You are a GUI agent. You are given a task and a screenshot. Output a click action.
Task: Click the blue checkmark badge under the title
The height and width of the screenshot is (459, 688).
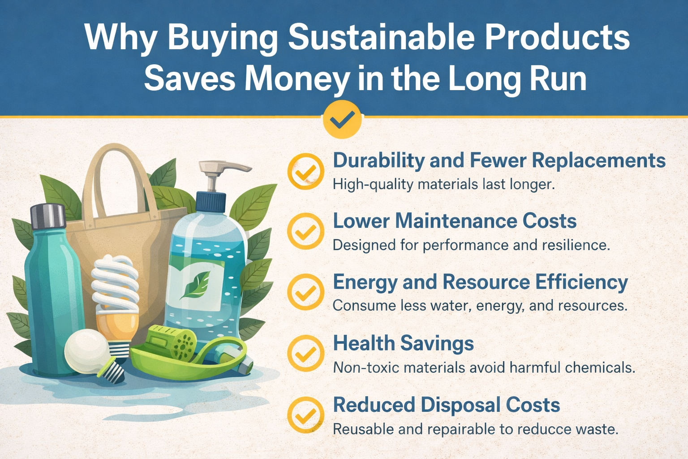tap(342, 119)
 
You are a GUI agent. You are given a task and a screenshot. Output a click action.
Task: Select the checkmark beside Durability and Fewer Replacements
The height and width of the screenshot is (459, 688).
tap(306, 171)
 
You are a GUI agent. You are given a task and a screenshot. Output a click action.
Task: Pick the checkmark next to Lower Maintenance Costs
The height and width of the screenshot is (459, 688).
tap(306, 232)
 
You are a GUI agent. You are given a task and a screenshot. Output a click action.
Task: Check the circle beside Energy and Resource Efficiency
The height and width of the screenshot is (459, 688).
tap(306, 292)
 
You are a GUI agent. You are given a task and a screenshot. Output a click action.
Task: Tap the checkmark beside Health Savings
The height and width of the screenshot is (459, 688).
tap(306, 353)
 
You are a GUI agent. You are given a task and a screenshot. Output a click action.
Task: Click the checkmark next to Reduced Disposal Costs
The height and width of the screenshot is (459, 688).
tap(306, 415)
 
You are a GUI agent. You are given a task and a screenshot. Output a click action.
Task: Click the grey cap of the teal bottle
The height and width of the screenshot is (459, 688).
tap(48, 216)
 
